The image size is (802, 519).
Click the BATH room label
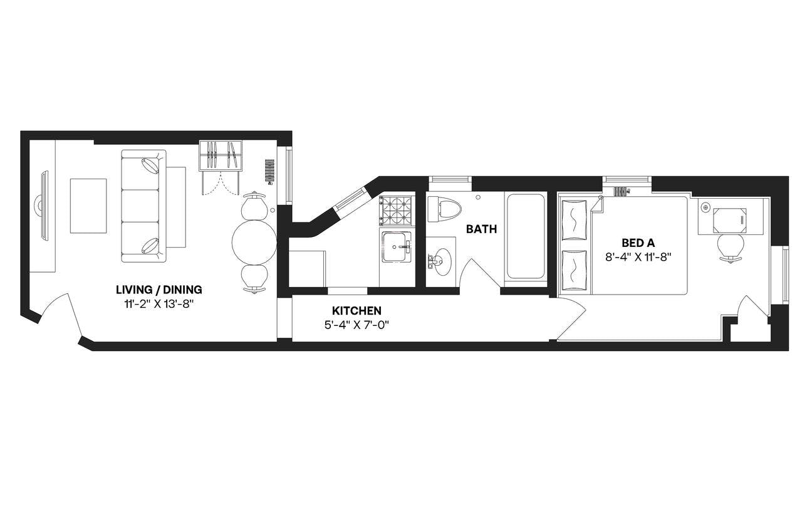(x=481, y=229)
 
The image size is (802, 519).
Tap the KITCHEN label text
(x=357, y=310)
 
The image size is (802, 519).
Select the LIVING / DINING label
(x=159, y=290)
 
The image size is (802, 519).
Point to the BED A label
(x=638, y=243)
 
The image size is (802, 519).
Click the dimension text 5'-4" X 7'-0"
(x=357, y=325)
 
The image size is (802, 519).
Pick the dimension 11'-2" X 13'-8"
(x=159, y=305)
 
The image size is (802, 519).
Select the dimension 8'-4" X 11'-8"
(x=638, y=258)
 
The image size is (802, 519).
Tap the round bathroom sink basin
(x=442, y=262)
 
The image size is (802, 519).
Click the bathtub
(x=526, y=237)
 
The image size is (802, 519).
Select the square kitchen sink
(x=397, y=247)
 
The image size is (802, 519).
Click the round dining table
(x=254, y=242)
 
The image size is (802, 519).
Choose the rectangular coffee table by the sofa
(x=88, y=206)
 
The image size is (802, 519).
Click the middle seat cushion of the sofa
(x=140, y=206)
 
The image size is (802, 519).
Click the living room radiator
(x=269, y=171)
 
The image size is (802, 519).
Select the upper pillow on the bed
(x=575, y=220)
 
